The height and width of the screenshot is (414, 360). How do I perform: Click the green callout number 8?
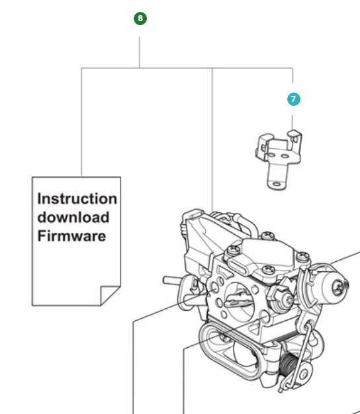[x=140, y=19]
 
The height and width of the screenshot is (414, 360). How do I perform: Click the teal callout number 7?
[x=293, y=99]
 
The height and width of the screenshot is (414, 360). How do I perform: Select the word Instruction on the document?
[x=77, y=198]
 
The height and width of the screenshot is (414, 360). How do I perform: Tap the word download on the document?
[x=73, y=217]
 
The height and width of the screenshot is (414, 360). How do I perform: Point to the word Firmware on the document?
[x=71, y=235]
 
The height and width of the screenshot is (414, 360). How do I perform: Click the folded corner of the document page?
[x=110, y=295]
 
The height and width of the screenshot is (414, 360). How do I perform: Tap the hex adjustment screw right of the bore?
[x=285, y=304]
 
